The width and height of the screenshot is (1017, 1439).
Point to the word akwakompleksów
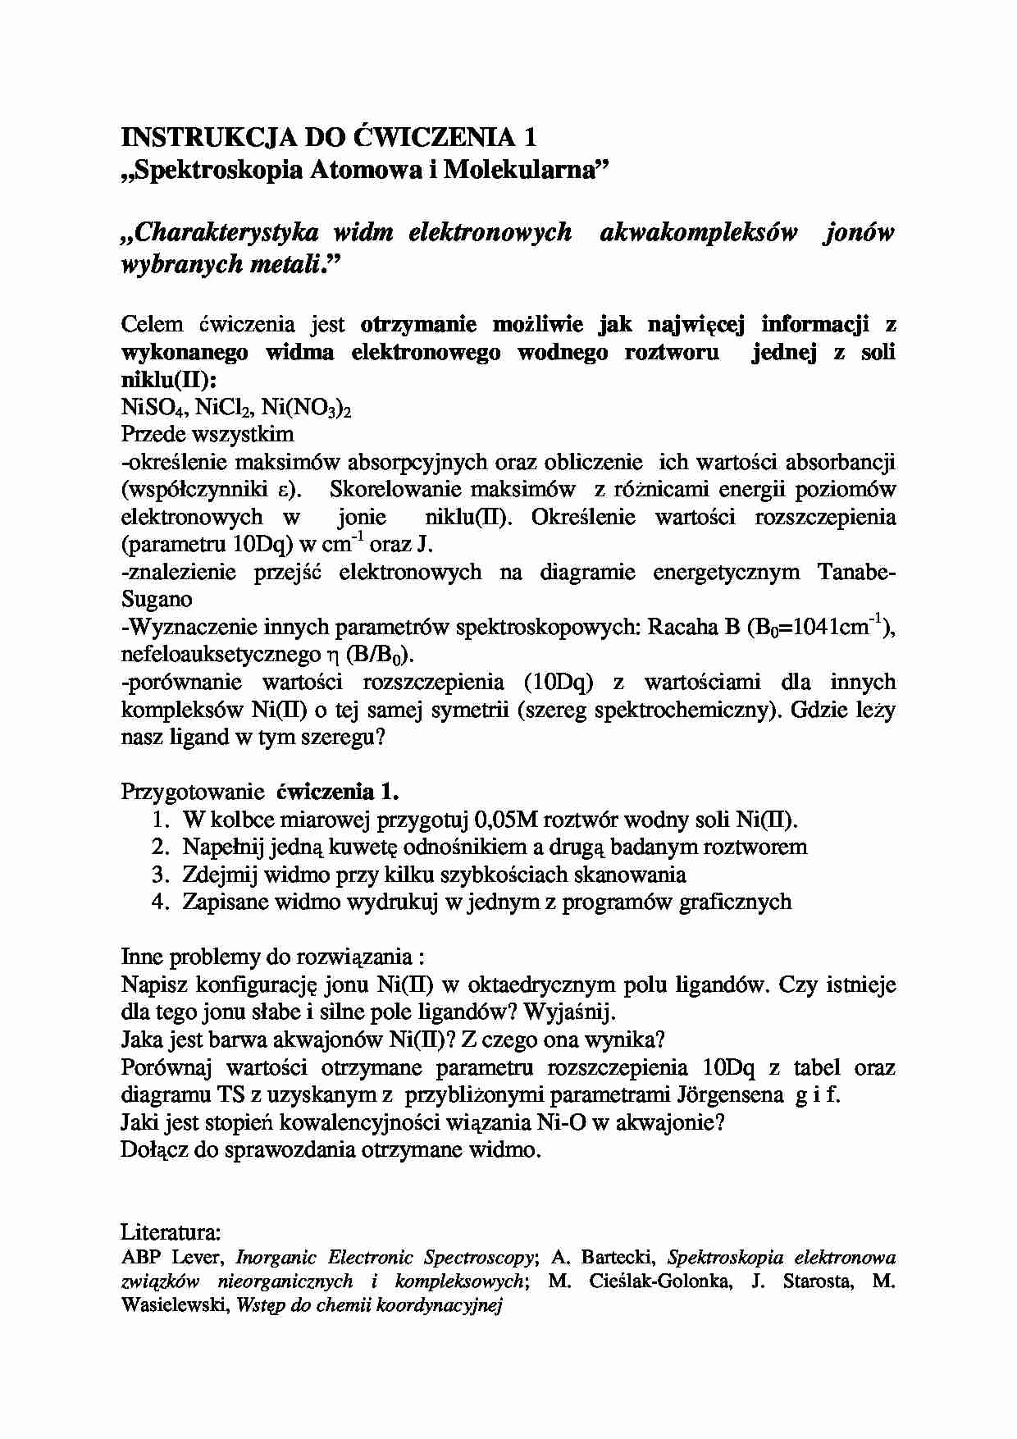(x=699, y=233)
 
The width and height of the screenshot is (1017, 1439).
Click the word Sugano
(x=156, y=600)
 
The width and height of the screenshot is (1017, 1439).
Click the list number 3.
(x=160, y=875)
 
